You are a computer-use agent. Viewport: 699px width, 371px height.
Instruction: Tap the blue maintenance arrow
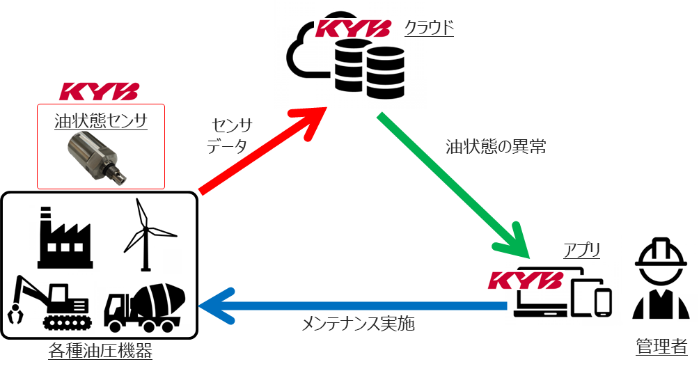tap(348, 306)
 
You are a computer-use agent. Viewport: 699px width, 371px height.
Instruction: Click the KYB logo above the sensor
tap(100, 91)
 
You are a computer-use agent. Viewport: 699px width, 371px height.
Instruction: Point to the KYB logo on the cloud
tap(353, 29)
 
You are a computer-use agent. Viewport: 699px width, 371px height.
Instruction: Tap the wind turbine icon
tap(146, 233)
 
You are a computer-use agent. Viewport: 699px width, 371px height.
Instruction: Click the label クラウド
tap(429, 28)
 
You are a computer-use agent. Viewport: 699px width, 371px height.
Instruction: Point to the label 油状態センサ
tap(101, 121)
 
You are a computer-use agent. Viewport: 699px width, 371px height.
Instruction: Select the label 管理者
tap(661, 346)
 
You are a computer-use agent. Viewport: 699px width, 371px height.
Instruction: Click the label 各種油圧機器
tap(100, 352)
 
